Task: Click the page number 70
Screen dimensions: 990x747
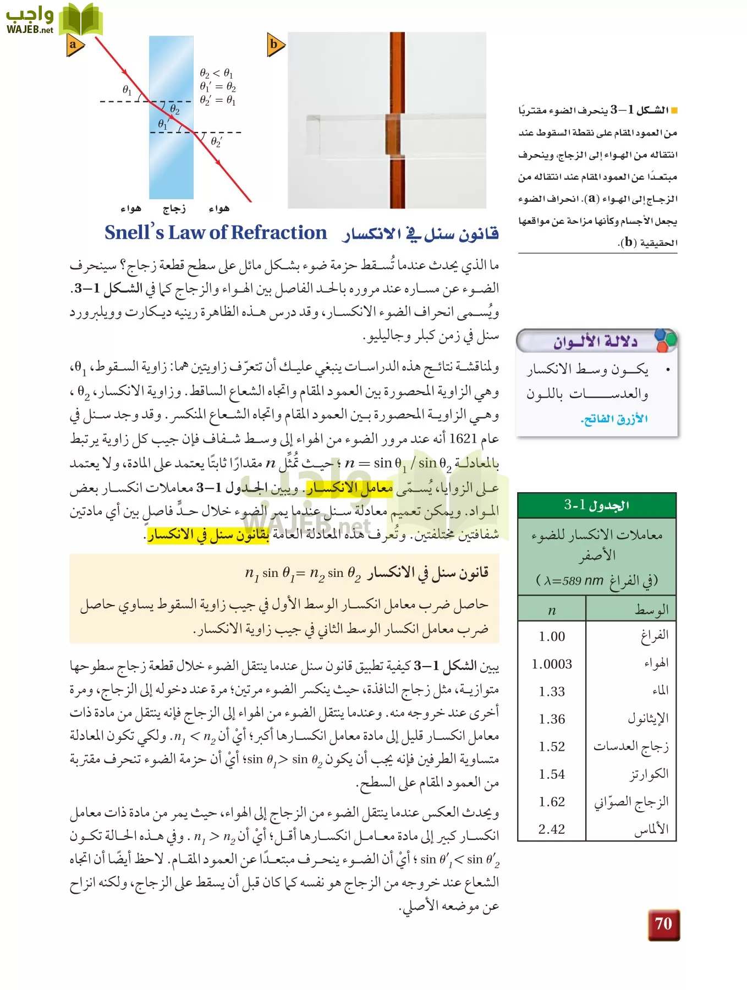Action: tap(663, 923)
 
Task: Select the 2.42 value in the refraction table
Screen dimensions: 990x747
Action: tap(552, 829)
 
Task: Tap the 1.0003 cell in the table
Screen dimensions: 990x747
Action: tap(552, 664)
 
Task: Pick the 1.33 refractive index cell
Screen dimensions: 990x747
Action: tap(552, 691)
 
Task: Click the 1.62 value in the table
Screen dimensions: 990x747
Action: tap(552, 801)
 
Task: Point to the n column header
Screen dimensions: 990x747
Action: tap(552, 610)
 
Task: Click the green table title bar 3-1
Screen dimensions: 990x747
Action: tap(597, 505)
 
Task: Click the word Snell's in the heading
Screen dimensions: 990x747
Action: tap(134, 233)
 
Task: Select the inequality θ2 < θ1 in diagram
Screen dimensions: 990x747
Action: tap(216, 73)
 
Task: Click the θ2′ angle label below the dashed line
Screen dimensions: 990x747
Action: tap(216, 142)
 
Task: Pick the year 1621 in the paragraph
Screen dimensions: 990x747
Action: tap(462, 439)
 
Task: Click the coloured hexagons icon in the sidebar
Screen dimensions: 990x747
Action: tap(665, 341)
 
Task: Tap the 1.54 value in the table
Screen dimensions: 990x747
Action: tap(552, 774)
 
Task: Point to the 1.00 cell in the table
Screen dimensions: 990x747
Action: tap(552, 636)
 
